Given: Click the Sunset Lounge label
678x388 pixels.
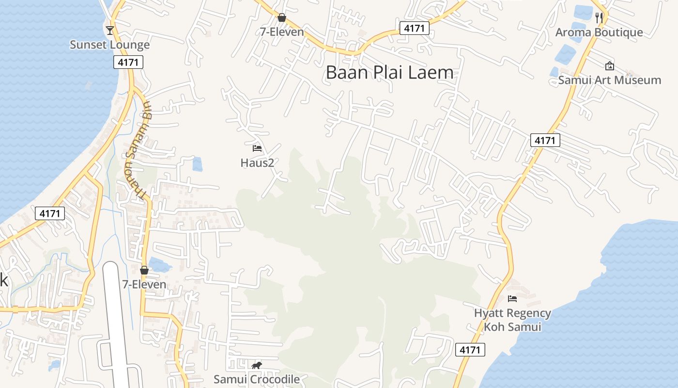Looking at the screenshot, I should pyautogui.click(x=109, y=45).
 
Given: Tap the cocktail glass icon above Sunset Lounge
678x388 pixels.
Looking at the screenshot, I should pyautogui.click(x=110, y=31).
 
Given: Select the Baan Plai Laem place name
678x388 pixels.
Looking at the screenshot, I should pyautogui.click(x=390, y=73).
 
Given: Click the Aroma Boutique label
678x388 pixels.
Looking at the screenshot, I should pyautogui.click(x=599, y=32).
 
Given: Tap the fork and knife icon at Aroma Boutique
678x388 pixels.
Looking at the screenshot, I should pyautogui.click(x=600, y=18).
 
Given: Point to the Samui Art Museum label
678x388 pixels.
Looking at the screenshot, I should pyautogui.click(x=609, y=80).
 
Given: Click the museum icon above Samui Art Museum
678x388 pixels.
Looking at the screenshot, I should pyautogui.click(x=609, y=66).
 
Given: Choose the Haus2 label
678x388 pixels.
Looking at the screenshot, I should pyautogui.click(x=257, y=163).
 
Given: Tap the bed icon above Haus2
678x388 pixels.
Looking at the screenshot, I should pyautogui.click(x=257, y=148).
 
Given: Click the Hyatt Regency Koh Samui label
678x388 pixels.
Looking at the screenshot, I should pyautogui.click(x=512, y=320).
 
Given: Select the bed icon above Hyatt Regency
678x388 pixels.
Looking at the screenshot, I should pyautogui.click(x=512, y=298).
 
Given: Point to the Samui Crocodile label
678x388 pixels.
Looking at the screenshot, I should pyautogui.click(x=257, y=379).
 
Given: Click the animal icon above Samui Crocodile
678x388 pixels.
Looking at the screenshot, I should pyautogui.click(x=257, y=365).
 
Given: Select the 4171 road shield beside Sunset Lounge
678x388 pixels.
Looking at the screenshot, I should pyautogui.click(x=129, y=62).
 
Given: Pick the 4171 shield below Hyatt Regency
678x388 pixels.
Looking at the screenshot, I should pyautogui.click(x=470, y=350).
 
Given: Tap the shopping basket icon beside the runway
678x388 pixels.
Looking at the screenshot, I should pyautogui.click(x=144, y=270).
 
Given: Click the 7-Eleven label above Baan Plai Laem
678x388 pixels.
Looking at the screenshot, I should pyautogui.click(x=282, y=32).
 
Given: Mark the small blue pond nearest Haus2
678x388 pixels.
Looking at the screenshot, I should pyautogui.click(x=197, y=164).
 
